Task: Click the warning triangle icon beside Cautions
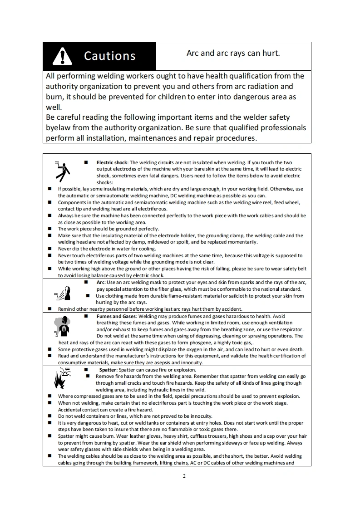63,56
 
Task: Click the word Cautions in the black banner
109,56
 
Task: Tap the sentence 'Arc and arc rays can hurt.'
233,53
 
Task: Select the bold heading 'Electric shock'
112,162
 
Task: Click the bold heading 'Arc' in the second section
101,283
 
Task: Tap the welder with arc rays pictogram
64,294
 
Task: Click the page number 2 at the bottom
184,476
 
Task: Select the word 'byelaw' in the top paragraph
58,127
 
